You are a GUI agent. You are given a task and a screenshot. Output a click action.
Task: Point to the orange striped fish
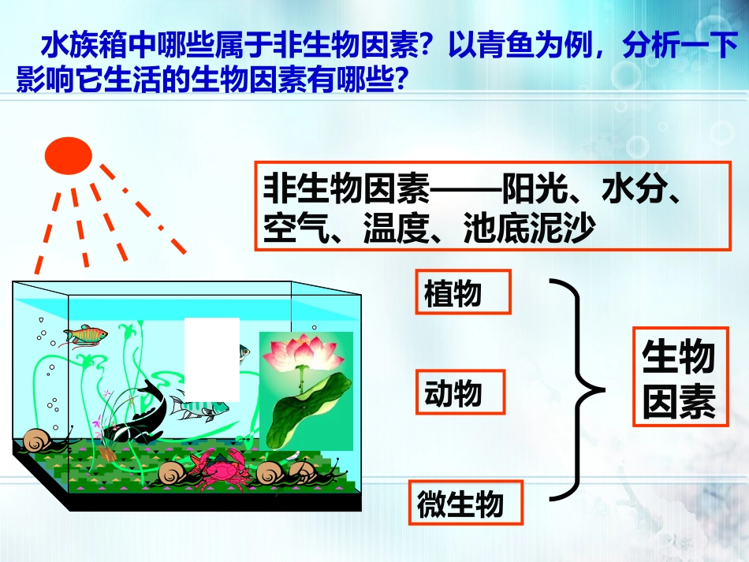coord(84,335)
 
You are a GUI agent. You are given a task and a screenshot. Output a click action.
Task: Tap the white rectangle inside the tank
coord(211,359)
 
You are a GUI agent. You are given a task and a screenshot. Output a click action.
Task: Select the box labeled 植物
coord(463,292)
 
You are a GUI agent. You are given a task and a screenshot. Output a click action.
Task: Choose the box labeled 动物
coord(460,393)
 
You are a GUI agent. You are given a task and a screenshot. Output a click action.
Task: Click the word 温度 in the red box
coord(395,227)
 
